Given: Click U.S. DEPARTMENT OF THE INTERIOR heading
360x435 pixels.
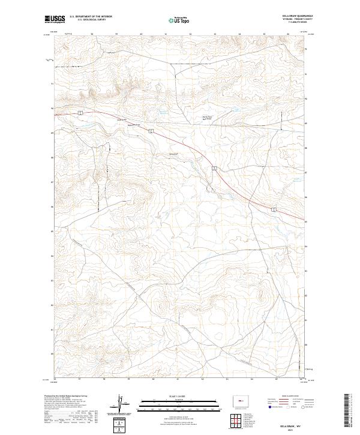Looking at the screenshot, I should [x=91, y=17].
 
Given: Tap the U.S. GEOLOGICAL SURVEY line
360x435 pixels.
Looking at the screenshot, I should [x=91, y=20].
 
